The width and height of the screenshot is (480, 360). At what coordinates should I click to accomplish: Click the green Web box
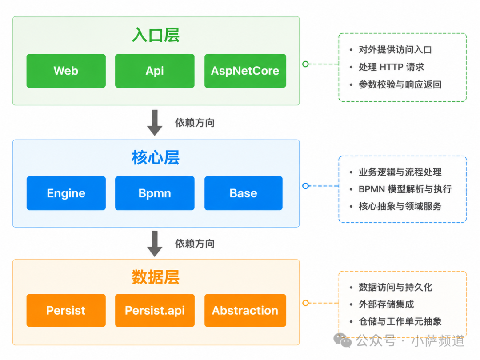(x=66, y=71)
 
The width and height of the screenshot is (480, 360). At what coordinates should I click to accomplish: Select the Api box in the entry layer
(x=155, y=71)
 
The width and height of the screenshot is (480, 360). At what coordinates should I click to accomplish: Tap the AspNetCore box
(x=245, y=71)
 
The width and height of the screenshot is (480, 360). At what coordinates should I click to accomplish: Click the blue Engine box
(x=66, y=193)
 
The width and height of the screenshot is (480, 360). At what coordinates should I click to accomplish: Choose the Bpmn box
(x=155, y=193)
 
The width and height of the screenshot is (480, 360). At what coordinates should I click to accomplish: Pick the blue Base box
(x=244, y=193)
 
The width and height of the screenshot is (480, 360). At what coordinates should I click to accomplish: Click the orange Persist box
(x=66, y=310)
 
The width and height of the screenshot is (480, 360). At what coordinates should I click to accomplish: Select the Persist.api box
(x=155, y=310)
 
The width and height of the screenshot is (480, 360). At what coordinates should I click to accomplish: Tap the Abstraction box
(x=245, y=310)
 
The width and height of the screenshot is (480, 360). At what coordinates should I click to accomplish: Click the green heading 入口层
(x=156, y=35)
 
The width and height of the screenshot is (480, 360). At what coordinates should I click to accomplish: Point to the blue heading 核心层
(x=156, y=158)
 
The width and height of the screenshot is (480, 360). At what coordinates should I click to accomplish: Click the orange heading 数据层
(x=156, y=277)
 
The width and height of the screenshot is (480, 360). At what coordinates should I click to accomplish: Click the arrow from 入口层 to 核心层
(x=155, y=123)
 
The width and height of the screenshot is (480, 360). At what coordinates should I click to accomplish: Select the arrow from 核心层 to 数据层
(x=155, y=244)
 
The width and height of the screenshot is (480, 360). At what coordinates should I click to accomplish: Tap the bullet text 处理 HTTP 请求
(x=391, y=67)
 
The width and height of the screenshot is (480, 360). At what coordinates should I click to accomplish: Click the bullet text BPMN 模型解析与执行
(x=405, y=189)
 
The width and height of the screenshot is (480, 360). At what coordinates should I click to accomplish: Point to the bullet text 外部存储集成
(x=386, y=304)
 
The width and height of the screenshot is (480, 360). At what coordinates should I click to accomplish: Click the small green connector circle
(x=305, y=64)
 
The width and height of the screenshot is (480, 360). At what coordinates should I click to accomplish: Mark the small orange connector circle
(x=305, y=303)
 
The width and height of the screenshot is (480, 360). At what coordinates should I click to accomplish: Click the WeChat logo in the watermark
(x=343, y=340)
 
